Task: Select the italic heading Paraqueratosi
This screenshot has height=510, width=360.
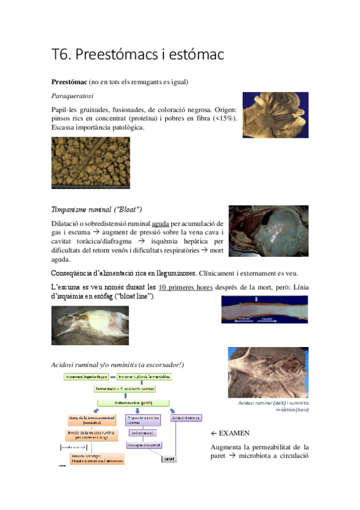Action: tap(72, 96)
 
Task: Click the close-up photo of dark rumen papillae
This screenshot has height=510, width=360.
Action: tap(90, 162)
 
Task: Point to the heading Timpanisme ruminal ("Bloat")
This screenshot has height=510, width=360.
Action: tap(97, 209)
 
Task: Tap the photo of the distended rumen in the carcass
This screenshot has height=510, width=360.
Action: tap(268, 231)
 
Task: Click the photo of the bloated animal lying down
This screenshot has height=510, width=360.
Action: tap(90, 325)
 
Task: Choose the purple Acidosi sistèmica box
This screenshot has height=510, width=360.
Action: tap(186, 417)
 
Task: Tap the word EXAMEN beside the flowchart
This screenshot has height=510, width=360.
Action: tap(234, 433)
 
